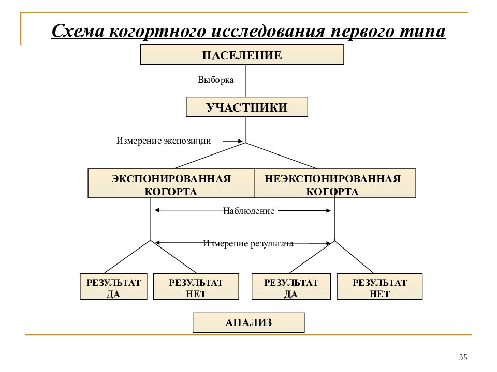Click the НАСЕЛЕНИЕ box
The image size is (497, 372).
pos(242,54)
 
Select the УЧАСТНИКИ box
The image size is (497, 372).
pos(246,107)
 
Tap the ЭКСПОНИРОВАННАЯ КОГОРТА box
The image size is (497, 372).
pos(171,183)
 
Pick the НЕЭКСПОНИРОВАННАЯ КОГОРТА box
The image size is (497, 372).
pos(335,183)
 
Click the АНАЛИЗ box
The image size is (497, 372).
pos(248,322)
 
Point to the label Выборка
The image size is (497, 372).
pos(215,80)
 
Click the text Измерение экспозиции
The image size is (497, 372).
pos(164,141)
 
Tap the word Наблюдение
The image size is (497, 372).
pos(249,211)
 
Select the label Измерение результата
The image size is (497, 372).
pos(248,243)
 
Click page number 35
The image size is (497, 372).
pos(463,357)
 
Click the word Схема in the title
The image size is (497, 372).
pos(78,31)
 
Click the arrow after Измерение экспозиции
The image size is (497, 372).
pos(232,141)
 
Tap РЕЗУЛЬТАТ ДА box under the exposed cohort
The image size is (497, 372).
pos(113,287)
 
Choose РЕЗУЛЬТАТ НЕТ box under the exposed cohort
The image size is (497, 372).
pos(196,287)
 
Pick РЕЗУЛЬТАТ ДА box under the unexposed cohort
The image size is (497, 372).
pos(291,287)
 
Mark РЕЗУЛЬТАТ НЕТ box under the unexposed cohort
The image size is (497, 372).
pos(379,287)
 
